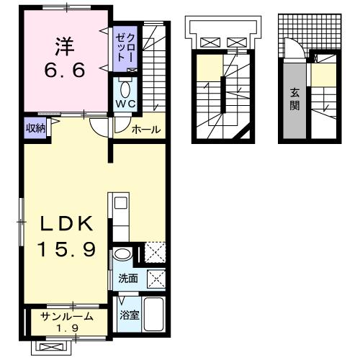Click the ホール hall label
[x=145, y=130]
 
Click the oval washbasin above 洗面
[x=122, y=254]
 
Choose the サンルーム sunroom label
[x=66, y=317]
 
